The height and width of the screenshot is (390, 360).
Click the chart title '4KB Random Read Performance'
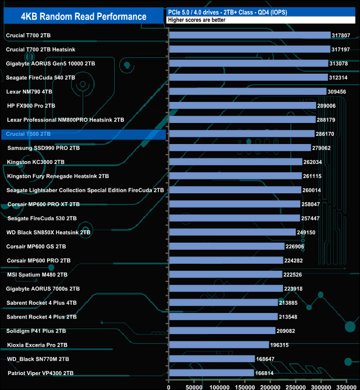pyautogui.click(x=83, y=16)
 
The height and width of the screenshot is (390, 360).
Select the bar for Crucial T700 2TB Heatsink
pyautogui.click(x=249, y=49)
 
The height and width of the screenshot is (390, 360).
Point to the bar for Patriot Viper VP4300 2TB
pyautogui.click(x=212, y=373)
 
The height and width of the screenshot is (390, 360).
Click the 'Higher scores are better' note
pyautogui.click(x=194, y=20)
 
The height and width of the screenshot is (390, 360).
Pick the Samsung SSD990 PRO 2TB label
pyautogui.click(x=44, y=148)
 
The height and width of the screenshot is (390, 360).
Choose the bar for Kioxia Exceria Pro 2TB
pyautogui.click(x=219, y=345)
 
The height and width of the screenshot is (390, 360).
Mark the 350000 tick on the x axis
pyautogui.click(x=347, y=383)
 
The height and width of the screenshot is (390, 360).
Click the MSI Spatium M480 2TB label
pyautogui.click(x=37, y=275)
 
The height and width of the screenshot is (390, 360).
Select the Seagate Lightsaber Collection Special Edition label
pyautogui.click(x=85, y=190)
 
